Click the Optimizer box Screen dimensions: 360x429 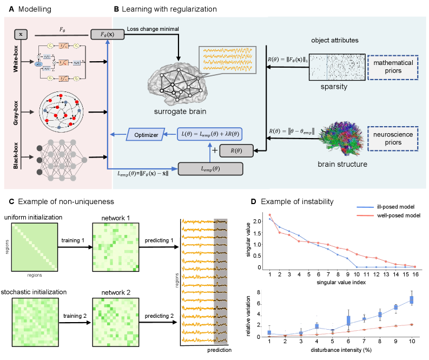tap(146, 133)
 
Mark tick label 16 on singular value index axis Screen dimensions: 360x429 tap(414, 274)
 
